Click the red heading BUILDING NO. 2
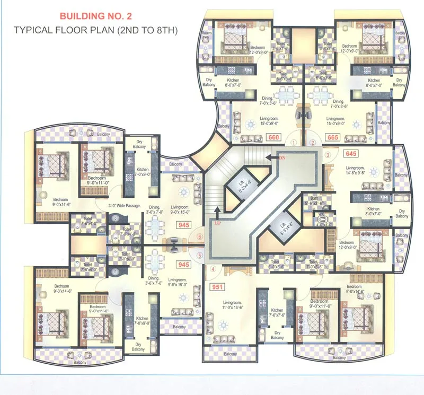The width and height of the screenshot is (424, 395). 96,16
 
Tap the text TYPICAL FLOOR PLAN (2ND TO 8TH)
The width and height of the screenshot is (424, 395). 96,30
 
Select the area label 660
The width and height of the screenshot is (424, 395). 274,137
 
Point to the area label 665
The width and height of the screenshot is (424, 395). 333,137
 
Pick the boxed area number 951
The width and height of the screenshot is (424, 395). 217,287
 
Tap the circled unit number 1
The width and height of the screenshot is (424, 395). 292,142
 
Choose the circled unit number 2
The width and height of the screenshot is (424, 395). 313,142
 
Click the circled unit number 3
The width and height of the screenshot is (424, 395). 328,155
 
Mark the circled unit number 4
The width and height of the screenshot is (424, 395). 213,269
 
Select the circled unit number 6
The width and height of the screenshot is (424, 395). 199,236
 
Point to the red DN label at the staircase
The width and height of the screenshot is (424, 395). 282,157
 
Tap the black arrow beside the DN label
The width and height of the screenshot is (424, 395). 271,157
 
